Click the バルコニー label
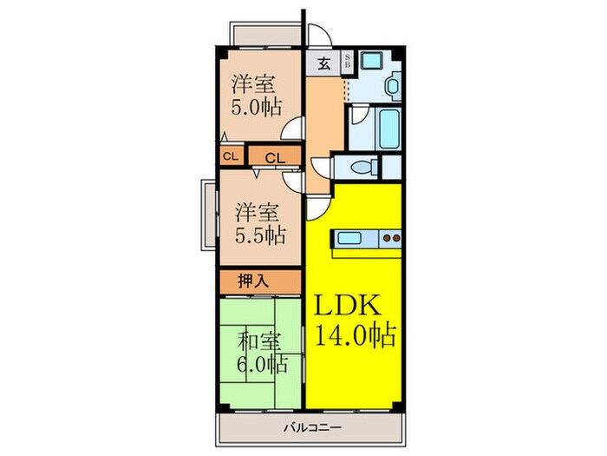[x=304, y=427]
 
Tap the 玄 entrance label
[x=323, y=63]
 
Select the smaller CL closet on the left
[x=230, y=157]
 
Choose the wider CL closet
[x=276, y=158]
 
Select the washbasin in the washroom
[x=391, y=87]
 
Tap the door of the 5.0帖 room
[x=296, y=127]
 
